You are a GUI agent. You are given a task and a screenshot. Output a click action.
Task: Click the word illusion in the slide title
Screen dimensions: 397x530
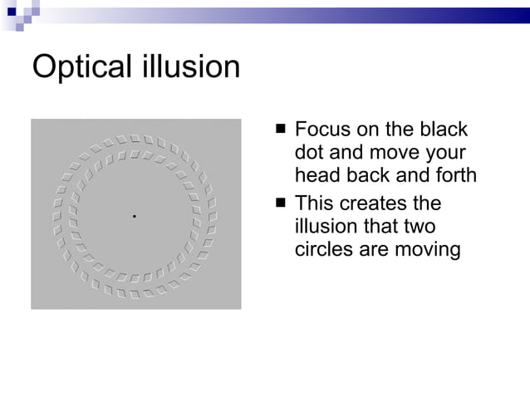pos(190,66)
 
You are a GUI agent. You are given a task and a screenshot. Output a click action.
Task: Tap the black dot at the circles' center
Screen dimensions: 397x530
pos(134,216)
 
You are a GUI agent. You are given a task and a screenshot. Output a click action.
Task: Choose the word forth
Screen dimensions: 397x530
pos(455,176)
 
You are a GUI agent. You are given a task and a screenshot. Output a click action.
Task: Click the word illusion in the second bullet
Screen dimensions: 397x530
pos(327,227)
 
